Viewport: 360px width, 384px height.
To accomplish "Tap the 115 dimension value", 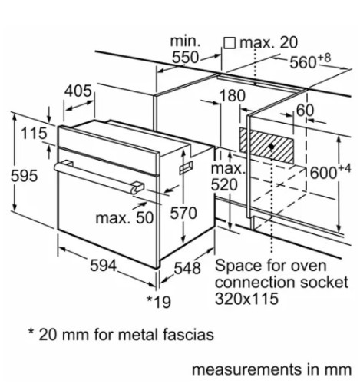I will pos(34,134).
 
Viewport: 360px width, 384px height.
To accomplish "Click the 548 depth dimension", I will pos(186,268).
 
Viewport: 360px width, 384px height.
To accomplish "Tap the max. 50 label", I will pos(125,218).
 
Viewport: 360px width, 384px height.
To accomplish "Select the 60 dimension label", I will pos(305,111).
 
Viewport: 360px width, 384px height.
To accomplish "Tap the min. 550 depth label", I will pos(185,49).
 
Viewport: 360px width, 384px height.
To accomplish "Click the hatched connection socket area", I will pos(269,143).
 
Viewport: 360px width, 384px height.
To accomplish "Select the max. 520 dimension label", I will pos(228,177).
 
